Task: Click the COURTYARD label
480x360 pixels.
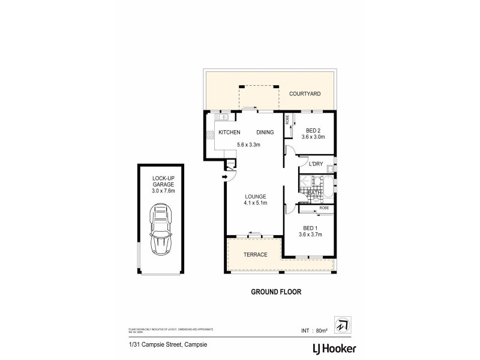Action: pos(305,94)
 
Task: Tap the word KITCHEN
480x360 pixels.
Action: pos(229,132)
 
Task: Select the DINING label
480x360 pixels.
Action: pos(265,132)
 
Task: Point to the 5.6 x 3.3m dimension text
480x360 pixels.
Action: pos(249,145)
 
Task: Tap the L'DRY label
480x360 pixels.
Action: pos(316,164)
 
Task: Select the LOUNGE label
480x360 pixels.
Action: pos(255,196)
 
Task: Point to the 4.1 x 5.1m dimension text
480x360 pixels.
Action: pos(255,203)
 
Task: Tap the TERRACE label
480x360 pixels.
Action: pos(255,254)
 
